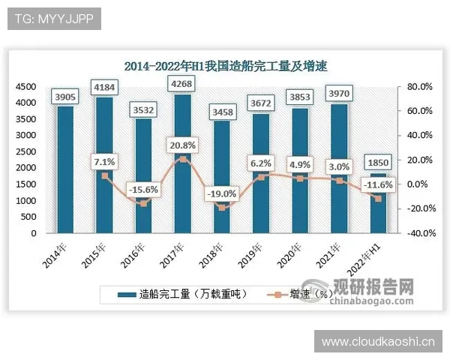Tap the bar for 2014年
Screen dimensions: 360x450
[66, 169]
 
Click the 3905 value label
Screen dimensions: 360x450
[66, 97]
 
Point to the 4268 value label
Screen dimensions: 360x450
[182, 85]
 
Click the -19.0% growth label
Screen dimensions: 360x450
[221, 193]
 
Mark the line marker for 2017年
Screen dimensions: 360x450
[182, 159]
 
